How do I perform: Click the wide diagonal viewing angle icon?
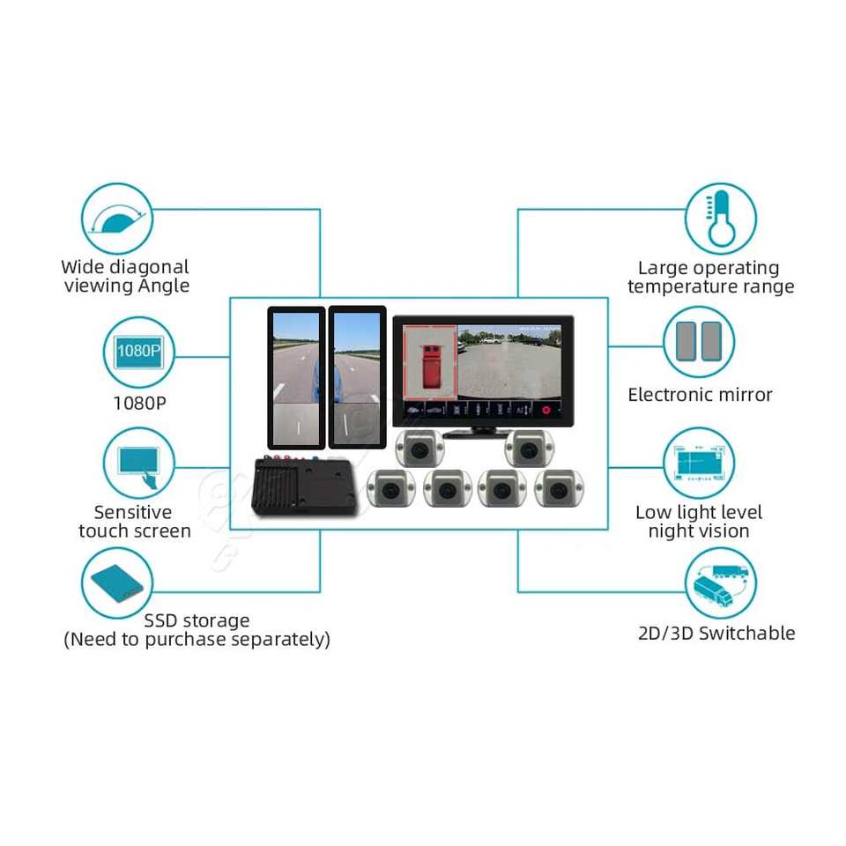[x=116, y=219]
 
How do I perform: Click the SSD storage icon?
[x=116, y=583]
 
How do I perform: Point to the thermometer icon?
[x=721, y=219]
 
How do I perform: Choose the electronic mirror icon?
[x=698, y=342]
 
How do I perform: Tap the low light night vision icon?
[x=698, y=463]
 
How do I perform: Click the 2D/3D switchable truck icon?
[x=721, y=583]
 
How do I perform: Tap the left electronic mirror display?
[x=295, y=375]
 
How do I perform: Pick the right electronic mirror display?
[x=357, y=375]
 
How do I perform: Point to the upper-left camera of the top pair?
[x=419, y=449]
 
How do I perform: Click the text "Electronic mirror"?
[x=700, y=395]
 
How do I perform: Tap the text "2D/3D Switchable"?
[x=716, y=633]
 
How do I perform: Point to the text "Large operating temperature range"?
[x=710, y=277]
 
